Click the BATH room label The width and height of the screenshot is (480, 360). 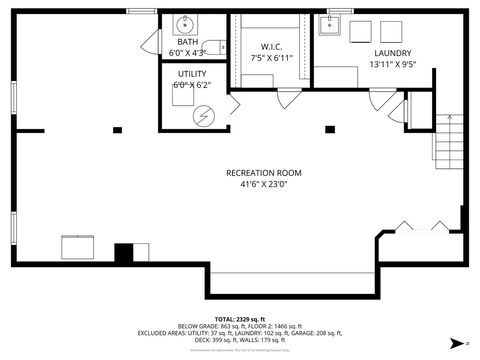[188, 41]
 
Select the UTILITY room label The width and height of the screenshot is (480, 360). [192, 74]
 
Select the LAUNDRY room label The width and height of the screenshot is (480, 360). [391, 53]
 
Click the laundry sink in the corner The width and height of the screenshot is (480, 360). [330, 25]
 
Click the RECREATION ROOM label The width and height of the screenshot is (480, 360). [263, 173]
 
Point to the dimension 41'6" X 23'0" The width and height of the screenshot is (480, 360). [263, 184]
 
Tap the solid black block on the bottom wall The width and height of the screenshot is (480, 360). [124, 252]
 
